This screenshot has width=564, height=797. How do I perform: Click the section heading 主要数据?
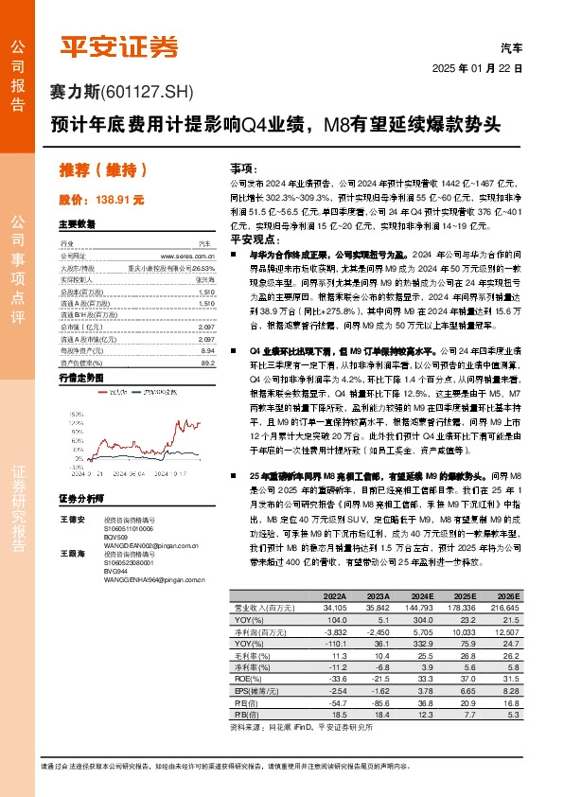pos(77,225)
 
